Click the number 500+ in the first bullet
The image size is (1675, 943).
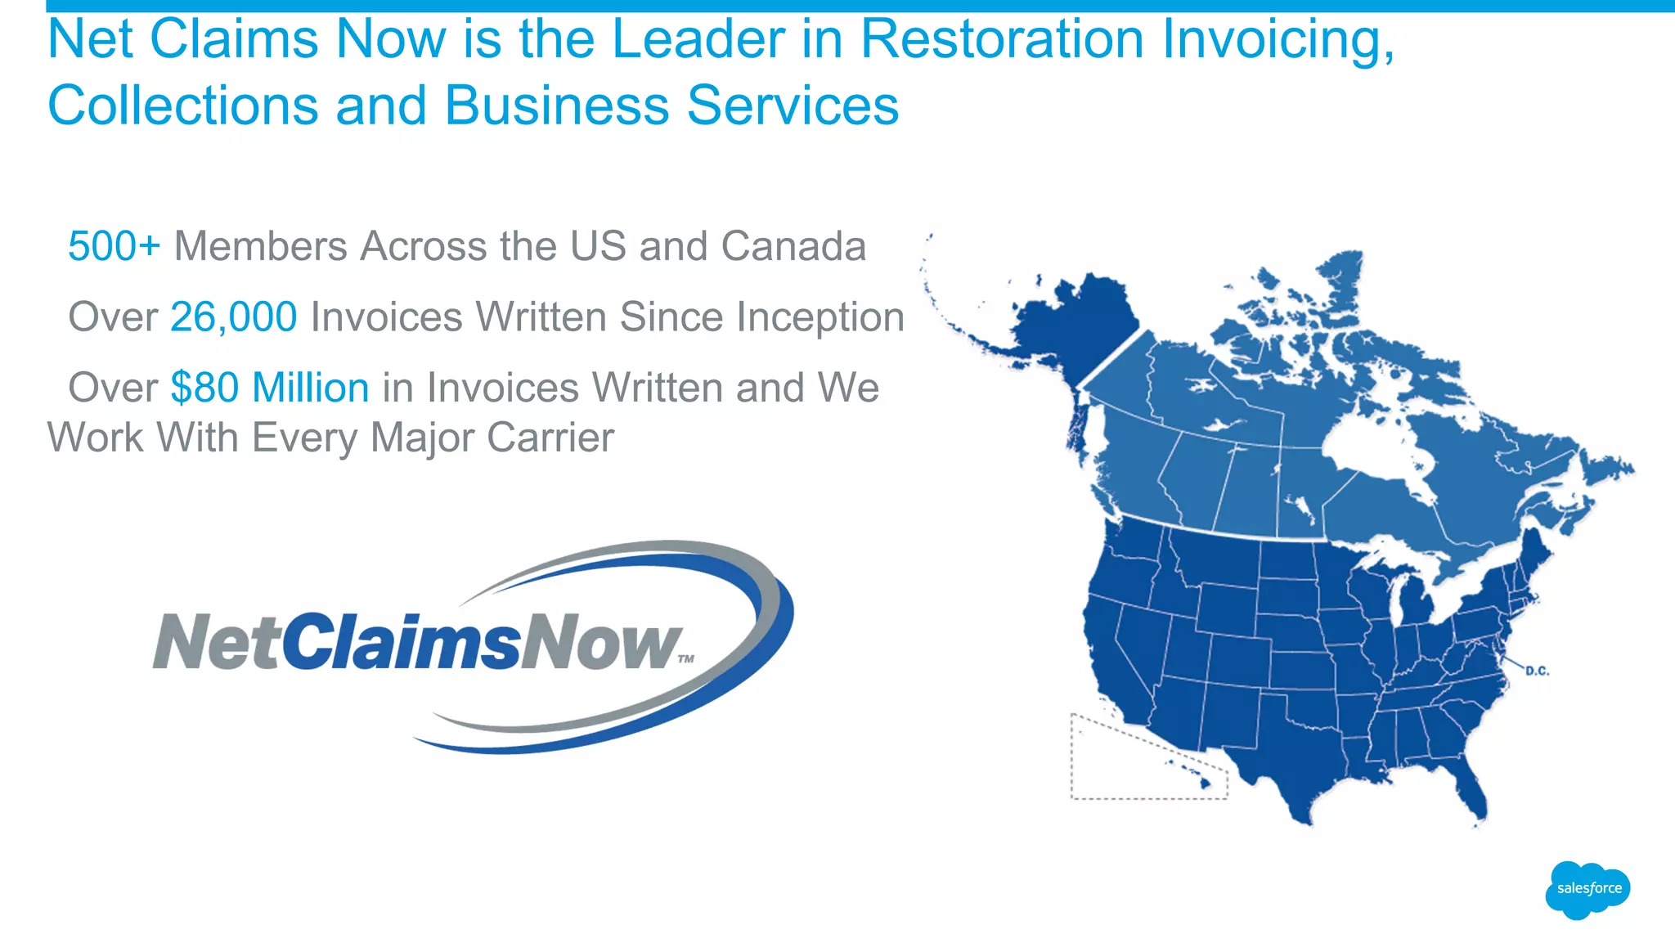[x=114, y=246]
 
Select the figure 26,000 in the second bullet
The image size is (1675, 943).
[x=233, y=317]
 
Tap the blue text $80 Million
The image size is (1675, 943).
[x=270, y=388]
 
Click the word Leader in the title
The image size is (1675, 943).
[x=698, y=39]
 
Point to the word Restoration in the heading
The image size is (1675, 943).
[x=1002, y=39]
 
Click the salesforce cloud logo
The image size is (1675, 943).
[x=1587, y=889]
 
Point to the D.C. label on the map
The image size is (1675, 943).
[x=1537, y=671]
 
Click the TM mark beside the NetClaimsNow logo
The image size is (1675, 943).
[x=686, y=658]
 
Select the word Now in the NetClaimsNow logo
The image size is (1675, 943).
[x=601, y=642]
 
